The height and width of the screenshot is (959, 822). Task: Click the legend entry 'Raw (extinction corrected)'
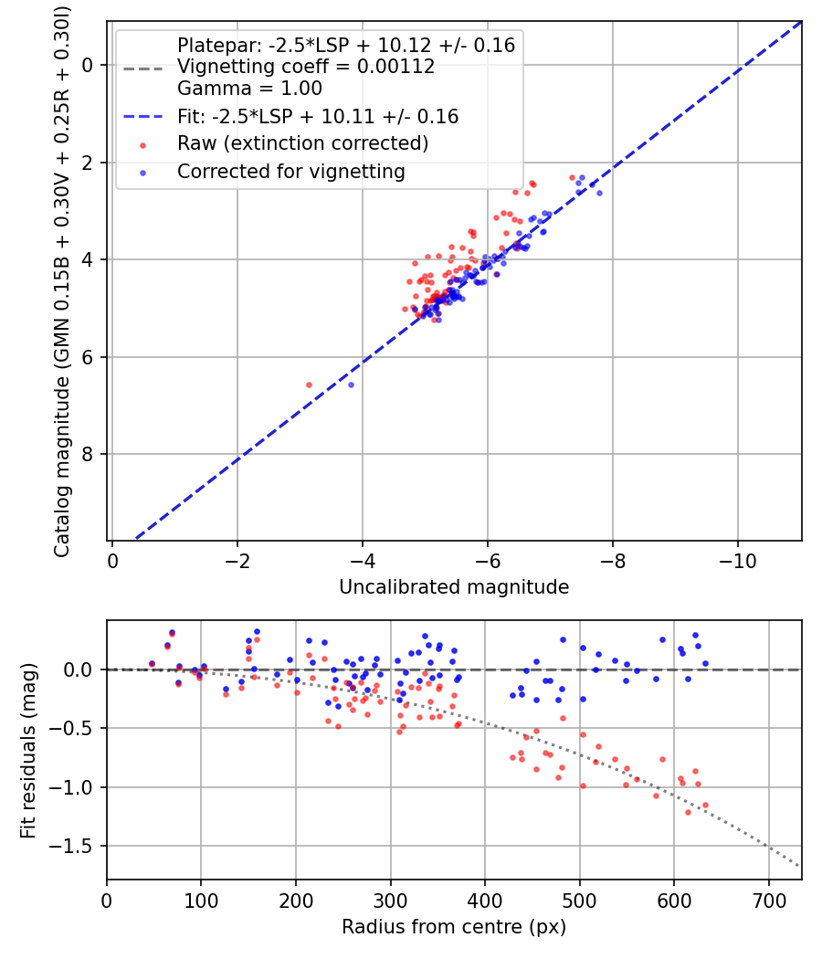tap(302, 143)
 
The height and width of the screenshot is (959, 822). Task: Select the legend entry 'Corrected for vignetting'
tap(290, 171)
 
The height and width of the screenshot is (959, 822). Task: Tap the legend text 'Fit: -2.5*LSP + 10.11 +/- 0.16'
tap(318, 116)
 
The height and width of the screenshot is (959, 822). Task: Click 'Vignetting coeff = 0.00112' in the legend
tap(306, 67)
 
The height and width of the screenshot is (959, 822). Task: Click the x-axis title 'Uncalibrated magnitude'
tap(454, 587)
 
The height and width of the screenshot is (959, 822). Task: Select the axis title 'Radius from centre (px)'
tap(454, 927)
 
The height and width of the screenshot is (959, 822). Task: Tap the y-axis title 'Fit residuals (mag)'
tap(28, 750)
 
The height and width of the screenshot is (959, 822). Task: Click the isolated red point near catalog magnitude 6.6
tap(309, 385)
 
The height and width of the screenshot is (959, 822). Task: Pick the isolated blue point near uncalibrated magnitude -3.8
tap(351, 385)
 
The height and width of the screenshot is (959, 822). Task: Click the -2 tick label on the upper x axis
tap(237, 559)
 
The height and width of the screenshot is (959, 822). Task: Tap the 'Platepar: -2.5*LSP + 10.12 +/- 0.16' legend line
tap(346, 45)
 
